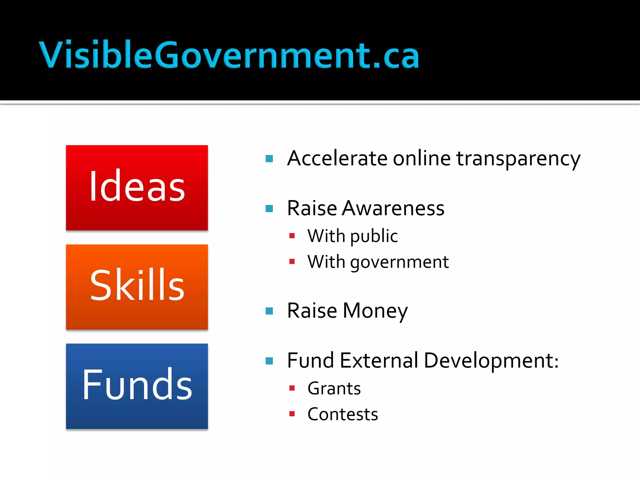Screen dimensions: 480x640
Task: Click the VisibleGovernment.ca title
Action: pos(229,55)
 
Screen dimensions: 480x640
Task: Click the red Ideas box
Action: pos(137,188)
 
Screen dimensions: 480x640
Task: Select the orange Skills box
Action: pos(137,287)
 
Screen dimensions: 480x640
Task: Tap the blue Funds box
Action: pos(137,386)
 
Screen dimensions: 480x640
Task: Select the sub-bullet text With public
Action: pos(352,236)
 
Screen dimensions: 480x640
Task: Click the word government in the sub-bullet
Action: pos(399,262)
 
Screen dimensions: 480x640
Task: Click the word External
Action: pos(379,360)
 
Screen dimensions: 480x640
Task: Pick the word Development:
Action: pos(491,361)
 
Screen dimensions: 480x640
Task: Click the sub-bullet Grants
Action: pos(334,388)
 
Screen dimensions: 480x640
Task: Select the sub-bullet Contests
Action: pos(342,414)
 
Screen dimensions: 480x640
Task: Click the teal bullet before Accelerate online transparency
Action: pos(269,159)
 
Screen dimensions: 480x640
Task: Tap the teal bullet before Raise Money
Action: pos(269,311)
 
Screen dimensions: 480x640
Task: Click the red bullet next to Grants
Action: pos(292,388)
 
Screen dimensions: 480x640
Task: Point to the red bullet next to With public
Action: pos(292,236)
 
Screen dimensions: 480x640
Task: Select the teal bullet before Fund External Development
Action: pos(269,361)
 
